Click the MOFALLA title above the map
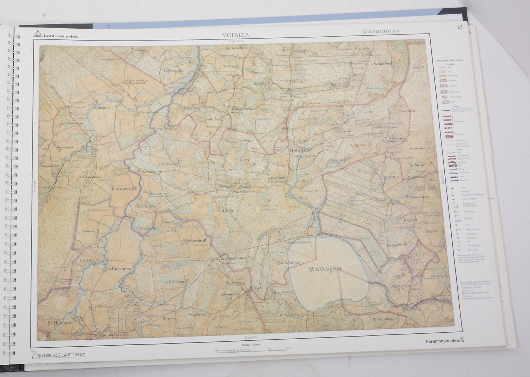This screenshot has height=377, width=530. tap(235, 35)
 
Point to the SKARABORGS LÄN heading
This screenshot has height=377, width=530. tap(380, 31)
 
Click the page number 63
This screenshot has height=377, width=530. tap(460, 28)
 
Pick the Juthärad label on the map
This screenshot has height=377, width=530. tap(382, 64)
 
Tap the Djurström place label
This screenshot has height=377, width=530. tap(102, 108)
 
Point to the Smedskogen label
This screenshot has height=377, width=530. tap(290, 263)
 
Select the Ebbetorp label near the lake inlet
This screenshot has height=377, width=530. tap(298, 197)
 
